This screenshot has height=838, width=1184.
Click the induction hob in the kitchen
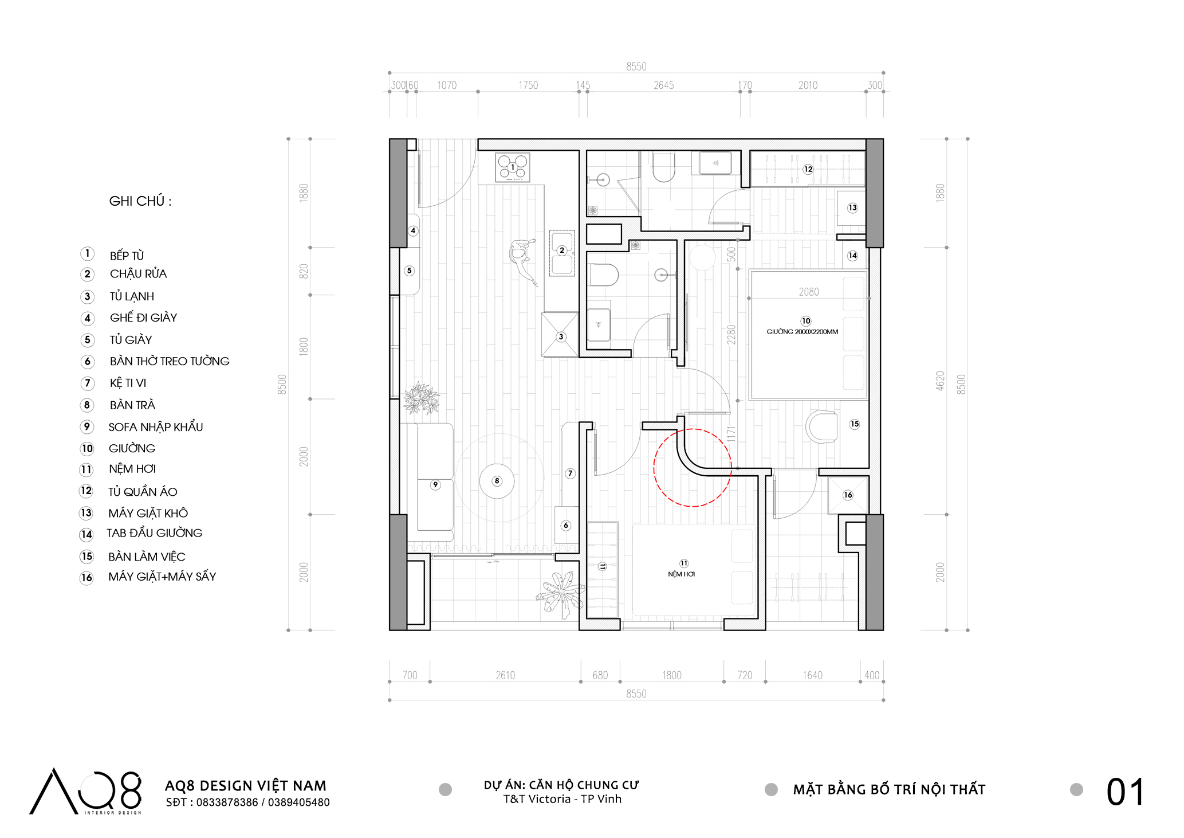point(513,168)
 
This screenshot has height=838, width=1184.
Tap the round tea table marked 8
point(497,481)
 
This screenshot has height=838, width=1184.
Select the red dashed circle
point(693,468)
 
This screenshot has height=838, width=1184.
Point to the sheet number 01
point(1125,793)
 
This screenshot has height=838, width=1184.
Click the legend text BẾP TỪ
point(127,256)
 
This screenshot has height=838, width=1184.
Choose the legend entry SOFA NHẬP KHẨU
point(156,427)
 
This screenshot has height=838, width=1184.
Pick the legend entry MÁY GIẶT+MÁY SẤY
point(162,577)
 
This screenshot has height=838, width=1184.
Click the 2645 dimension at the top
point(664,85)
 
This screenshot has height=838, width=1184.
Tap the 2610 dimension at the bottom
point(505,675)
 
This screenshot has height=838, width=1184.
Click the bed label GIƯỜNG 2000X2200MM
point(803,332)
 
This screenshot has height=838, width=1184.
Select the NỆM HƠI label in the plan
point(682,574)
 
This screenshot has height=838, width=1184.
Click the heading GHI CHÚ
point(140,201)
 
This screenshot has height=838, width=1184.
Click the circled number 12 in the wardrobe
point(808,169)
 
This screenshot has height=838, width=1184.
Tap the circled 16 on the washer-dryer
point(848,495)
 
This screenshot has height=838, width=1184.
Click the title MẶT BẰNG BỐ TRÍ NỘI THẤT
point(889,789)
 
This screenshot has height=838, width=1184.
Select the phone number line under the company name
point(247,802)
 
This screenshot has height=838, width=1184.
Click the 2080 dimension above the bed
point(809,292)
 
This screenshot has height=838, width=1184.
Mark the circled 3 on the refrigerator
point(561,337)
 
